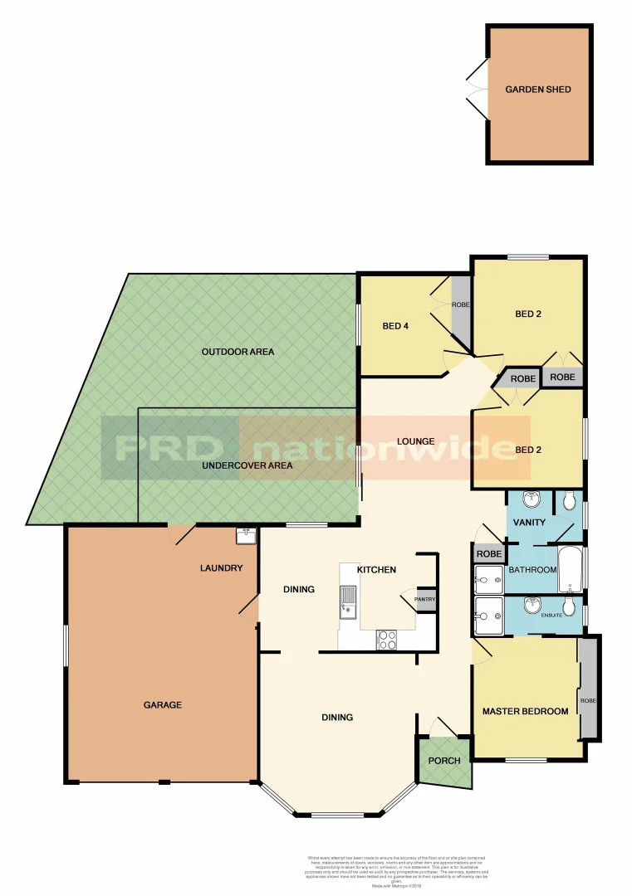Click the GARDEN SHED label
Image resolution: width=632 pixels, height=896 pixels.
coord(538,90)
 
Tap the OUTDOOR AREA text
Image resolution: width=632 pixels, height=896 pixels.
coord(238,352)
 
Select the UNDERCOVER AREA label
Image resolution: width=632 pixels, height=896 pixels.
coord(247,465)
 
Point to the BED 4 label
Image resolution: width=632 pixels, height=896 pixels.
coord(396,326)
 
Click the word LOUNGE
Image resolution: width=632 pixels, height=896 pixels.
coord(415,441)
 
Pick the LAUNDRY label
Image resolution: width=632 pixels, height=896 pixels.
coord(222,568)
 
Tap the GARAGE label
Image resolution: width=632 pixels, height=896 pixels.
coord(162,705)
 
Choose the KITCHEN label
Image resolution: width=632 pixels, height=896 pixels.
coord(376,570)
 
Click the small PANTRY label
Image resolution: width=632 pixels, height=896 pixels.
coord(425,599)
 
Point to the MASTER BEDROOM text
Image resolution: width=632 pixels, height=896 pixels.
coord(526,711)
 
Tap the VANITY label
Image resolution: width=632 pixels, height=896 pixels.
coord(529,522)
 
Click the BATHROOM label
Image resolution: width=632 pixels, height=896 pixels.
coord(532,570)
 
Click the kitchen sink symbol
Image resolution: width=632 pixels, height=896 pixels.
coord(347,602)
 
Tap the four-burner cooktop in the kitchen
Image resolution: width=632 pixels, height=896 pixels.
coord(388,639)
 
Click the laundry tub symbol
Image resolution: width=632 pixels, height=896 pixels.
coord(245,536)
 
